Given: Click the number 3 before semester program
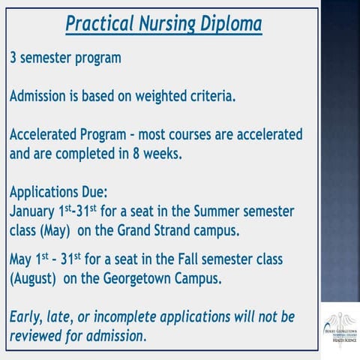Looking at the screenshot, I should tap(13, 58).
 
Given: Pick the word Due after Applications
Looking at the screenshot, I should tap(91, 193).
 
